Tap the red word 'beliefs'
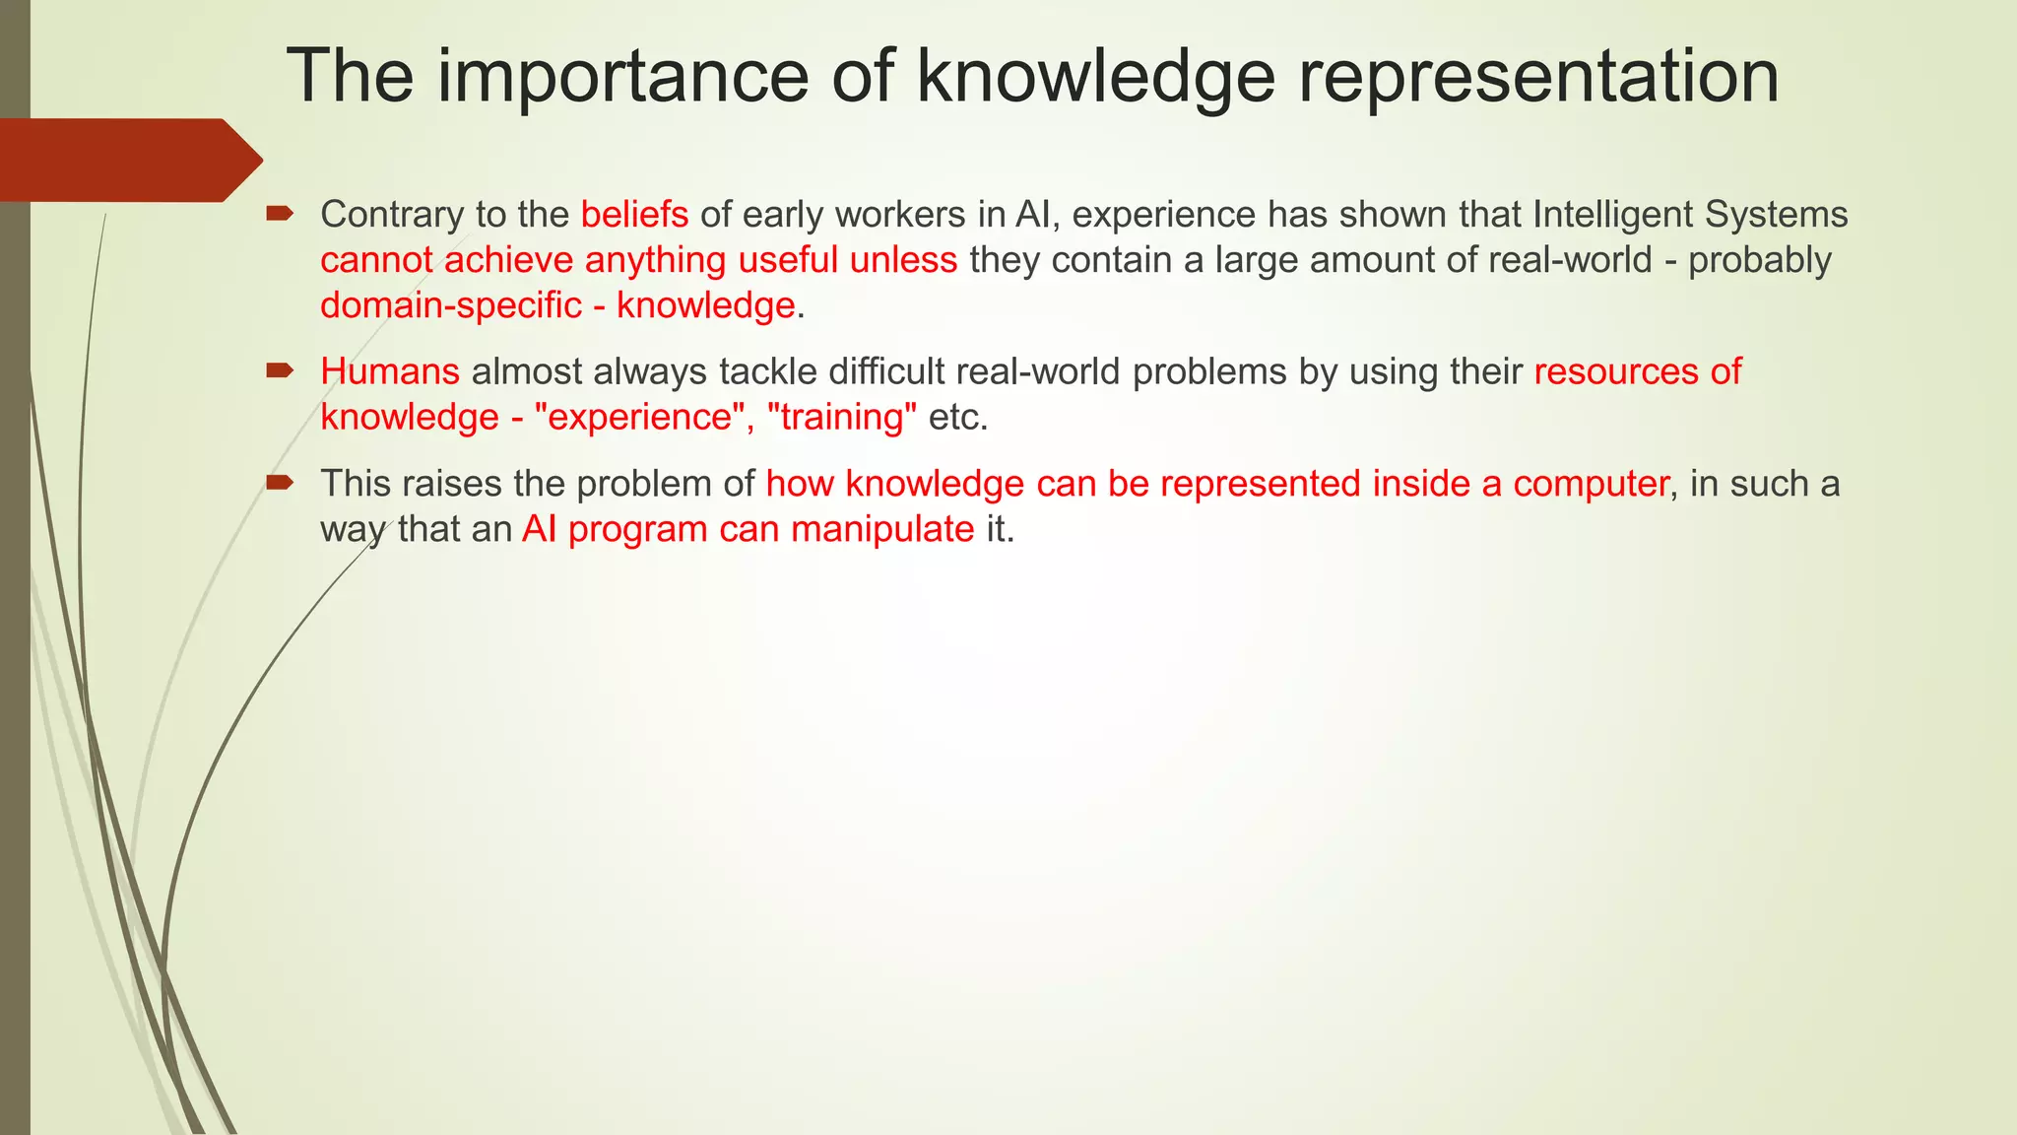click(x=634, y=214)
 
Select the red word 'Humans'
click(x=390, y=371)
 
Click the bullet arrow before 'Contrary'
click(x=280, y=212)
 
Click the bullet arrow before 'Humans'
click(x=280, y=370)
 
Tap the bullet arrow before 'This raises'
click(x=280, y=482)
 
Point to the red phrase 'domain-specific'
click(x=451, y=305)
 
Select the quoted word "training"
click(x=841, y=417)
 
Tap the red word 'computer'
click(x=1591, y=484)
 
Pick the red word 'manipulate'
click(x=882, y=529)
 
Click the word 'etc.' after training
click(x=957, y=417)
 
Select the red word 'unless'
click(x=903, y=260)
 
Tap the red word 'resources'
click(x=1615, y=371)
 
